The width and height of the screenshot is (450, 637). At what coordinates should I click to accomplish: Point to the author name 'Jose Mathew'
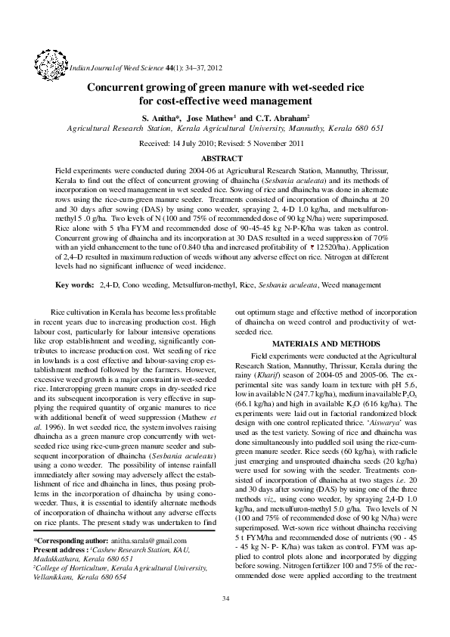pos(212,119)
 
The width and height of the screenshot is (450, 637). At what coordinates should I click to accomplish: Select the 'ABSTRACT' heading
pos(225,158)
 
